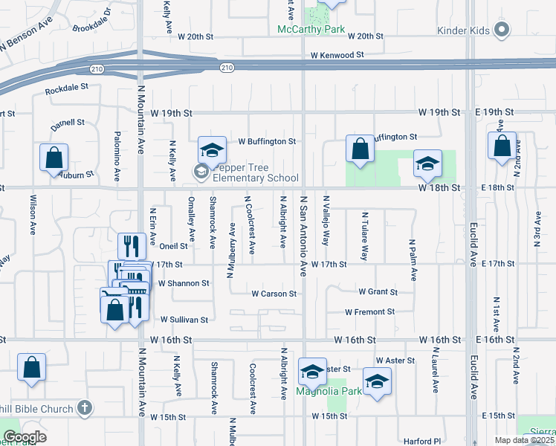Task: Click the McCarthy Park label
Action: (311, 30)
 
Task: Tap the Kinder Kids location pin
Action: (502, 30)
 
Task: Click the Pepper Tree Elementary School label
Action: (256, 172)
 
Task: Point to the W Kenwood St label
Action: (337, 55)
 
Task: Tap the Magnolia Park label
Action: (329, 390)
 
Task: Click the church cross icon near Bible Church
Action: (85, 408)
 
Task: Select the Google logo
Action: (25, 437)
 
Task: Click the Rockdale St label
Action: (67, 87)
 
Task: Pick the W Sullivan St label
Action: (184, 320)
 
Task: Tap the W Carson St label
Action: (274, 294)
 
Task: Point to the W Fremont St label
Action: (369, 312)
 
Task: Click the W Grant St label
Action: (378, 292)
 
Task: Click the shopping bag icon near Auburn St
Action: (54, 158)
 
